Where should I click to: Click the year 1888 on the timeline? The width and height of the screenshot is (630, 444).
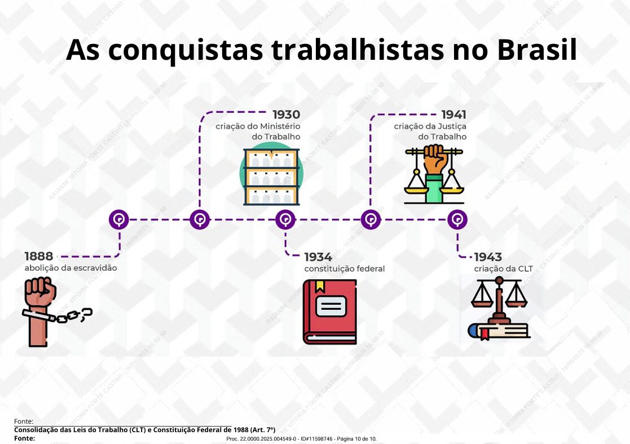[x=38, y=256]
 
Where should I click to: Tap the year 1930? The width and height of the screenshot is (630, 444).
[x=286, y=115]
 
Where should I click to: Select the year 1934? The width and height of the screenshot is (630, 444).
[x=318, y=257]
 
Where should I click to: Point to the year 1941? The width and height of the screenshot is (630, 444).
[x=453, y=115]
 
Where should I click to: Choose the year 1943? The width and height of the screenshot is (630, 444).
[x=488, y=257]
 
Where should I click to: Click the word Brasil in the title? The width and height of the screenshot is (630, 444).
[x=537, y=50]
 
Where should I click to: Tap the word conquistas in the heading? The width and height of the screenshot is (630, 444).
[x=185, y=51]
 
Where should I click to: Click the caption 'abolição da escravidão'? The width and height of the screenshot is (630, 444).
[x=71, y=268]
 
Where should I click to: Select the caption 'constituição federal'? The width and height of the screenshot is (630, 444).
[x=345, y=269]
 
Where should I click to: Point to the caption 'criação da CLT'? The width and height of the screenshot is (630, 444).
[x=504, y=269]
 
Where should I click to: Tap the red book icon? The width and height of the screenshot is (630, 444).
[x=330, y=312]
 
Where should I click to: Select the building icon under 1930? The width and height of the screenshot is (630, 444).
[x=272, y=177]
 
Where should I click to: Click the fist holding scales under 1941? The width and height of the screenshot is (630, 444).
[x=434, y=174]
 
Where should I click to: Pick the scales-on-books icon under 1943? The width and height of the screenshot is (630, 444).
[x=499, y=309]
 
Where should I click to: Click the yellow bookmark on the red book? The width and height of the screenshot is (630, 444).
[x=320, y=286]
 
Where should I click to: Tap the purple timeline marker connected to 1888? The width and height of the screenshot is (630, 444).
[x=119, y=220]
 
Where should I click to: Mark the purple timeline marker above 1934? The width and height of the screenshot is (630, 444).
[x=285, y=220]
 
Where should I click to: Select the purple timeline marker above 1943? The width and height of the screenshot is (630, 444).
[x=457, y=220]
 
